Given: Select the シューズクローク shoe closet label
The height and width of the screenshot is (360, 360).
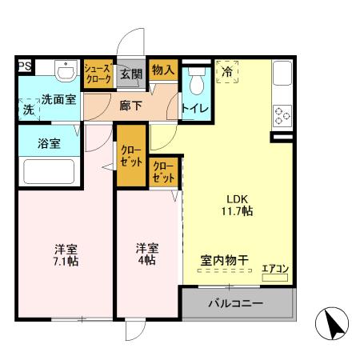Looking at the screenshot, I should (x=98, y=74).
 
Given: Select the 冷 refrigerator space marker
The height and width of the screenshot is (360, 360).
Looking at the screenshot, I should (x=227, y=74).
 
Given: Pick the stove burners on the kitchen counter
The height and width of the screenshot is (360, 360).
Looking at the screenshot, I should (x=283, y=116).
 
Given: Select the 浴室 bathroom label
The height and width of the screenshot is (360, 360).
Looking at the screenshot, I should (x=50, y=144).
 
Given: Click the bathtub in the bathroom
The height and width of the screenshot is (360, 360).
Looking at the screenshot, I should (x=50, y=172).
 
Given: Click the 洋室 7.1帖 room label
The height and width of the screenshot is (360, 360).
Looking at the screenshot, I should (x=66, y=254).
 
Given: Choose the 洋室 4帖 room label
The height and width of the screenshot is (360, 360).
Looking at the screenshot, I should (x=146, y=254).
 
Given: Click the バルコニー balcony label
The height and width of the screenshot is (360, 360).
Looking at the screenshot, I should (x=236, y=305).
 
